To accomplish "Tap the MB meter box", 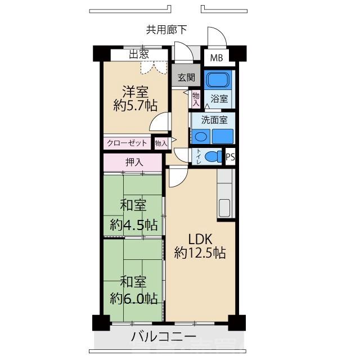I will (216, 58).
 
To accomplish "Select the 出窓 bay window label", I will (138, 55).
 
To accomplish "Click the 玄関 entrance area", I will (186, 78).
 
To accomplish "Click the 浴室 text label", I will (219, 98).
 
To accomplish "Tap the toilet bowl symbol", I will (212, 156).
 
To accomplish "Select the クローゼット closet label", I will (127, 143).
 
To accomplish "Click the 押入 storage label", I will (134, 163).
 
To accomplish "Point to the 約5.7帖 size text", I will (135, 105).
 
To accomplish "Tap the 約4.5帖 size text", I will (134, 224).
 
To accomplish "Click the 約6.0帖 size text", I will (134, 298).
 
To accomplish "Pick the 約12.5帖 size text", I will (200, 253).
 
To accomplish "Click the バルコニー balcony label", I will (164, 337).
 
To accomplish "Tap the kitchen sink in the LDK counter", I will (224, 208).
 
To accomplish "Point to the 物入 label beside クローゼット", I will (161, 143).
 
